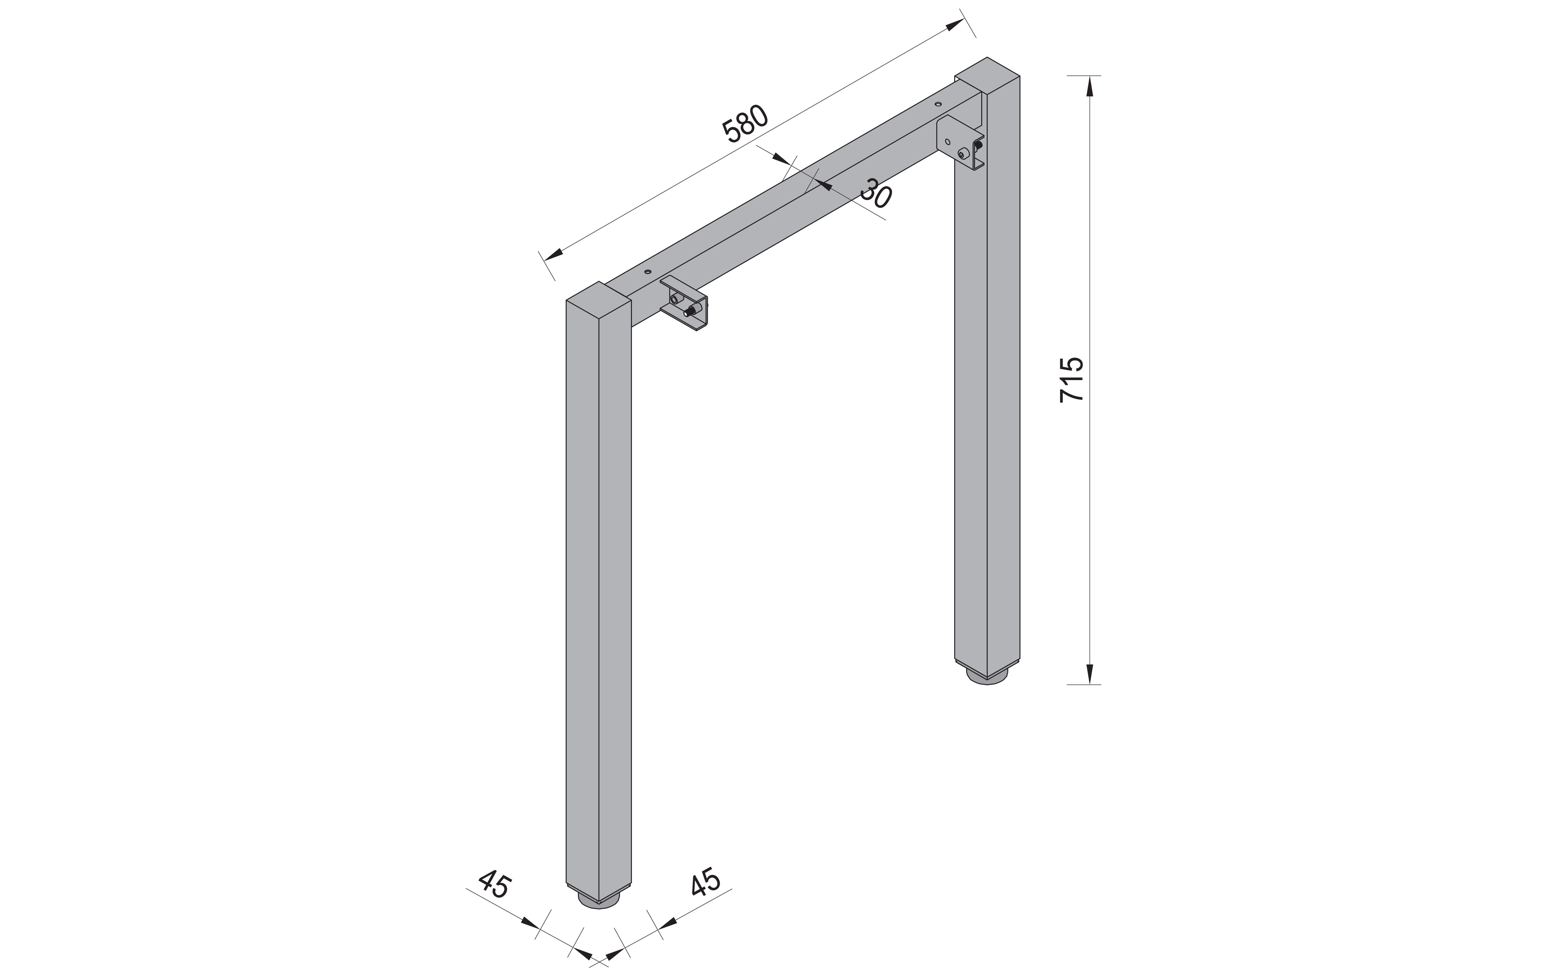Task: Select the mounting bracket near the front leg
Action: click(x=685, y=304)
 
